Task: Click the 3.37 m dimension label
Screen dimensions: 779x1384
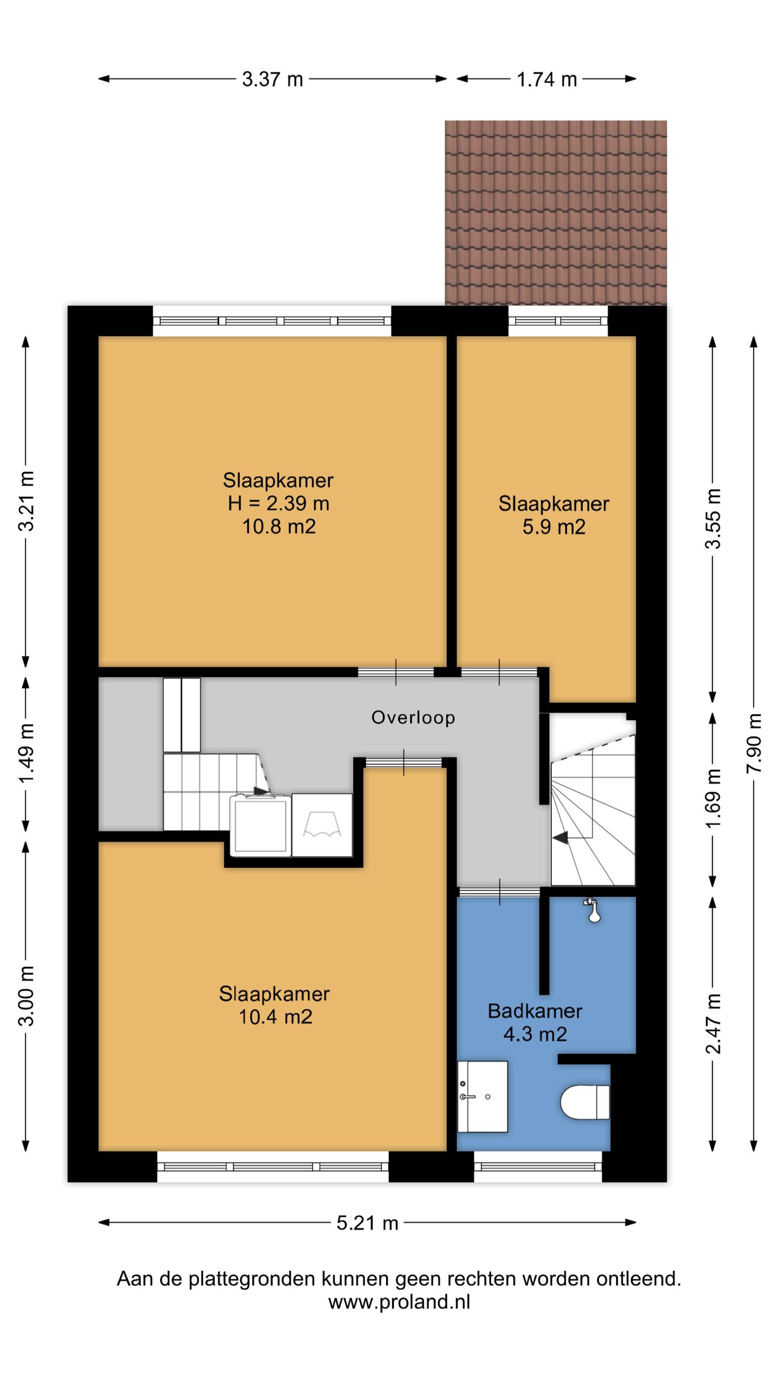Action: (272, 79)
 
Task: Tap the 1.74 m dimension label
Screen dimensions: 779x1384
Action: (546, 79)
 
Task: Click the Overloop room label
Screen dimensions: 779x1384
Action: (413, 717)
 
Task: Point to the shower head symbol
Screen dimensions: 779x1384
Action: (593, 910)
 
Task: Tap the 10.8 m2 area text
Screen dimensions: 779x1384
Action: (279, 526)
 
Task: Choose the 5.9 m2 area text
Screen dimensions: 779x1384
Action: (554, 527)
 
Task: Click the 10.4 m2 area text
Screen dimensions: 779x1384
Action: (275, 1017)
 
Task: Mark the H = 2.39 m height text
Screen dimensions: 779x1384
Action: (279, 503)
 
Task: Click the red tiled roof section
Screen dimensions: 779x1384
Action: (556, 212)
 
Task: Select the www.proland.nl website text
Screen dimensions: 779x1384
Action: (399, 1301)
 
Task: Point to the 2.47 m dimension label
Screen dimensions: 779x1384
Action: (713, 1024)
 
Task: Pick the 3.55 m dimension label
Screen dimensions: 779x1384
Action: (713, 518)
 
